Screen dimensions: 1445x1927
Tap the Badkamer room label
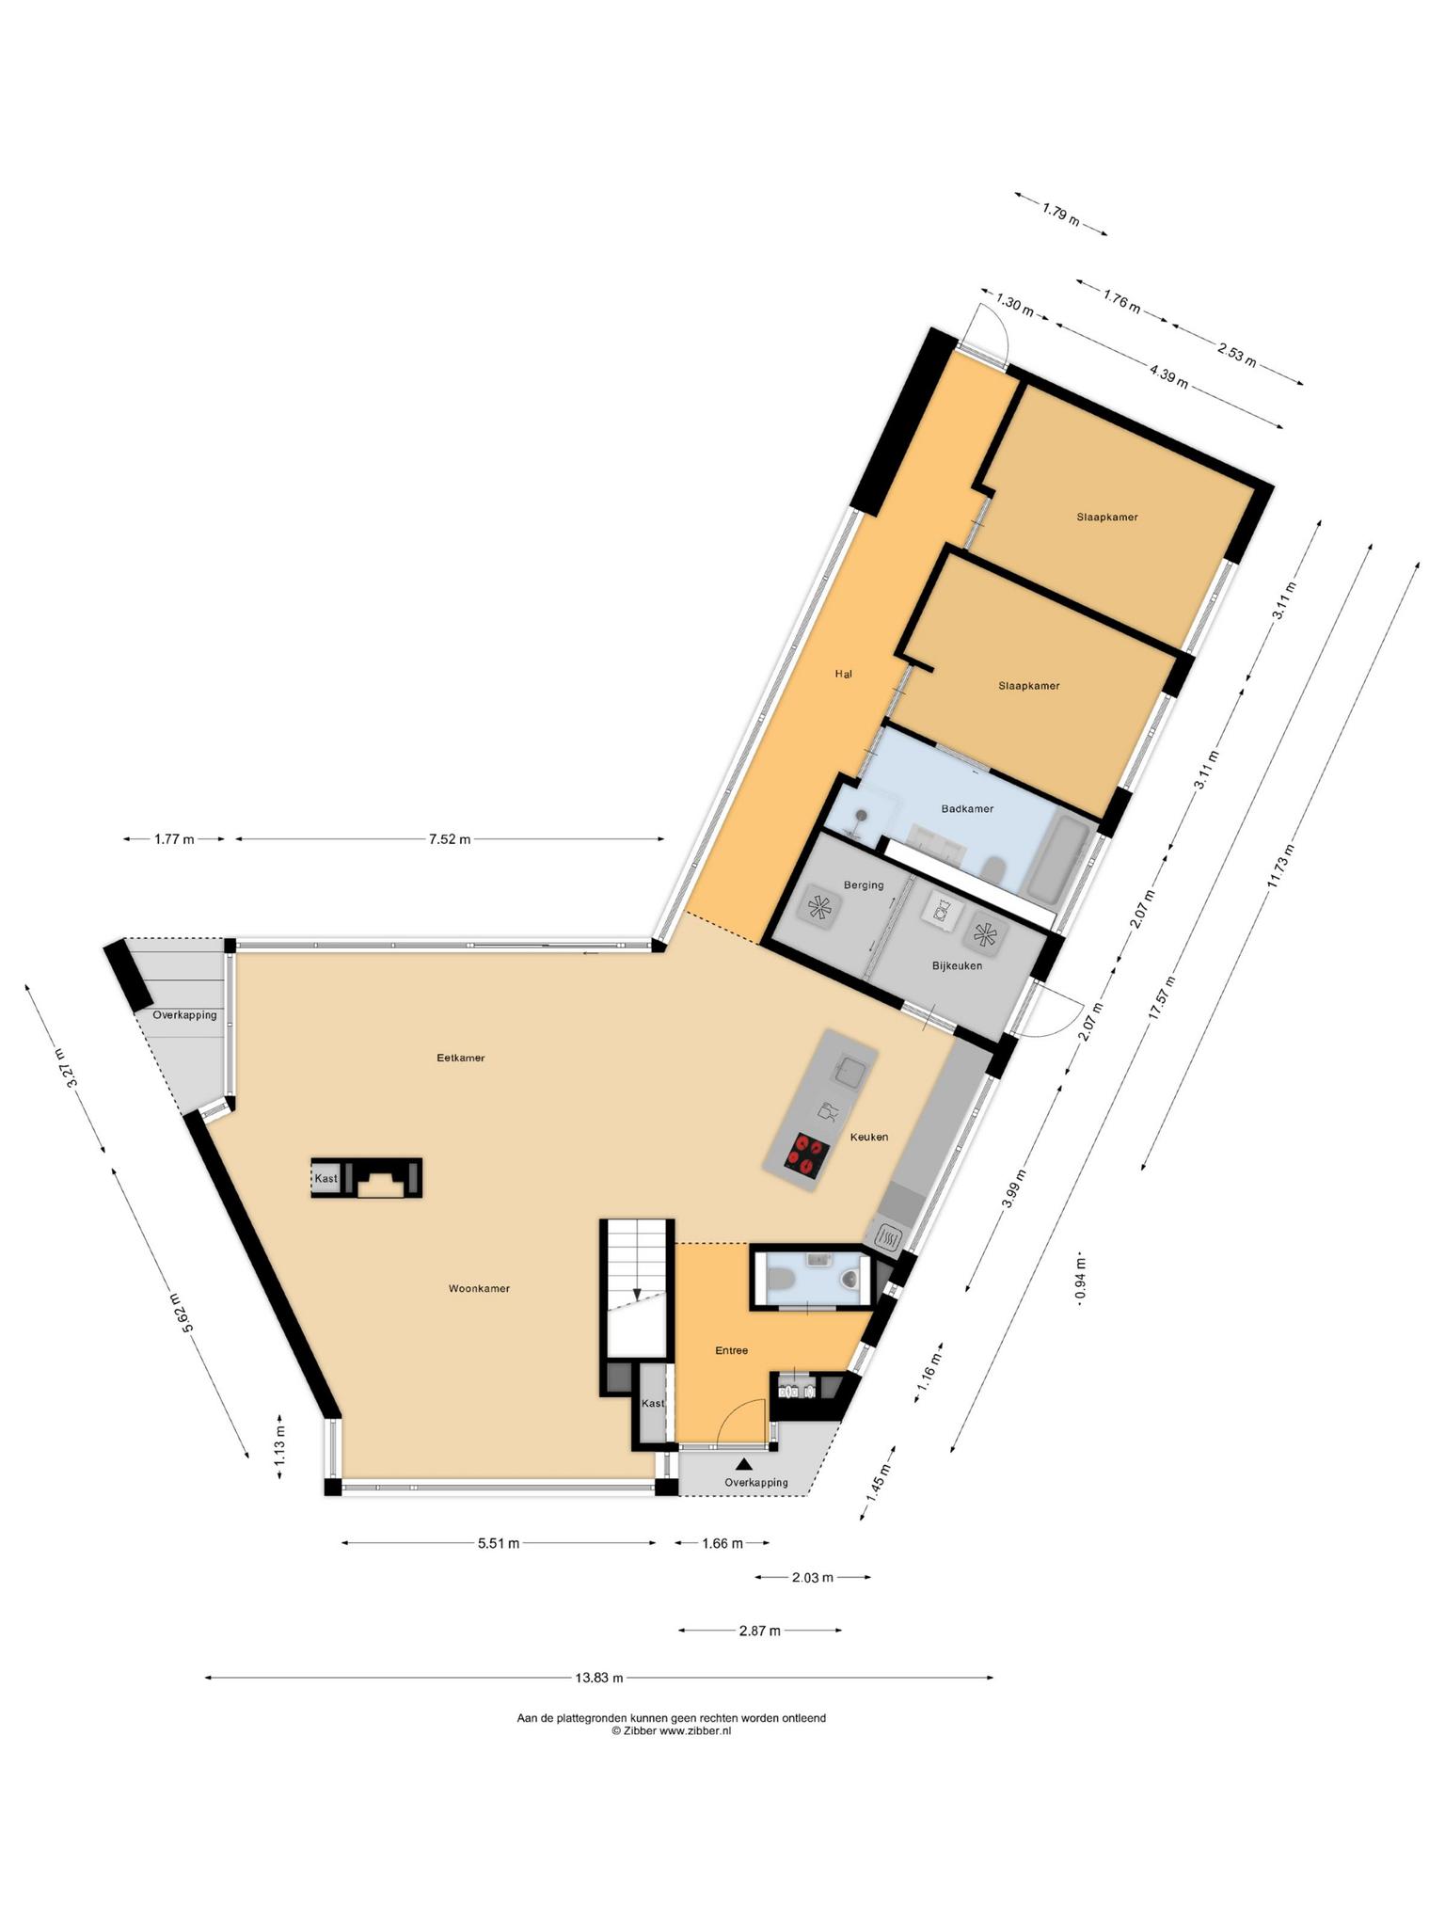pos(967,808)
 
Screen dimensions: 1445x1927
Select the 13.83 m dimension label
pos(599,1677)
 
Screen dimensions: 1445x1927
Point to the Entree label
pos(731,1350)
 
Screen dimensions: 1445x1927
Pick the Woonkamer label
pos(479,1288)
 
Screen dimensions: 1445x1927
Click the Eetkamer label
pos(461,1058)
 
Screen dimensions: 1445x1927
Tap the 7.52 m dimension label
pos(450,839)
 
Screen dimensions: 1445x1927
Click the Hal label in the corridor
pos(843,674)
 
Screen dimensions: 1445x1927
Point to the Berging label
pos(864,884)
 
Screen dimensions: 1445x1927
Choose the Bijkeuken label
pos(957,965)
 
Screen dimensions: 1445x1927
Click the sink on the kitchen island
pos(852,1071)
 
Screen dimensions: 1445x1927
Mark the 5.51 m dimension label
pos(499,1543)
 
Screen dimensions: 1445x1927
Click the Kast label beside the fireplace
pos(326,1178)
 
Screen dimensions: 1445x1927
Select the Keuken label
pos(869,1137)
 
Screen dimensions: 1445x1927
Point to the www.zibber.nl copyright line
pos(671,1730)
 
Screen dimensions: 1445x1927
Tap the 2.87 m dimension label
pos(760,1631)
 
